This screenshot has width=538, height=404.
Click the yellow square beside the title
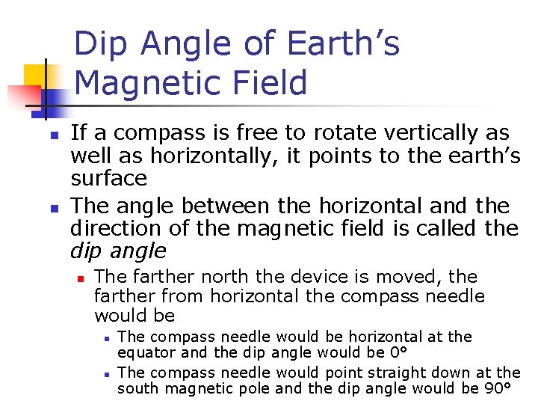click(x=37, y=76)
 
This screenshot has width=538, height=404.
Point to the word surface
click(x=108, y=179)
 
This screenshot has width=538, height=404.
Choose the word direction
click(x=114, y=228)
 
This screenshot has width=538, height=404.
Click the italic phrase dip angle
click(x=118, y=251)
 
